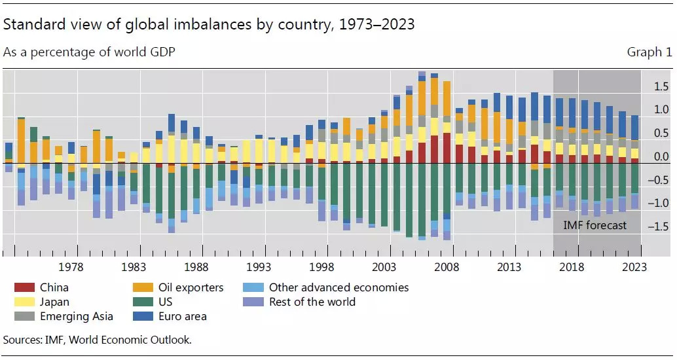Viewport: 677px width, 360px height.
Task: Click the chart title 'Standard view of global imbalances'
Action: coord(209,25)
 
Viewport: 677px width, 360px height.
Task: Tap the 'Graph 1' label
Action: coord(649,52)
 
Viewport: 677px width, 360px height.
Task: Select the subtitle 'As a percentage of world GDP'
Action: coord(89,52)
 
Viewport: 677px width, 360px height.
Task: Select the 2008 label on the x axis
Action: coord(447,267)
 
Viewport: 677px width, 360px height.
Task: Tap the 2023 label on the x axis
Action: coord(634,267)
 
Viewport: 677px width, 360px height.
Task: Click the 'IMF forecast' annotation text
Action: coord(595,225)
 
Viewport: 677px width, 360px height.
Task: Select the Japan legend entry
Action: coord(54,302)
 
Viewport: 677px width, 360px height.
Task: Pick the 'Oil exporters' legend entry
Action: coord(191,287)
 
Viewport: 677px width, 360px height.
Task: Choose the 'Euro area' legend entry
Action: coord(182,316)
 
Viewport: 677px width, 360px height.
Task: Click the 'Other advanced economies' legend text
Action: coord(338,287)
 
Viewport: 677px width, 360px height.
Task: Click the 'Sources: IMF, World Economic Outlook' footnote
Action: coord(97,339)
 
